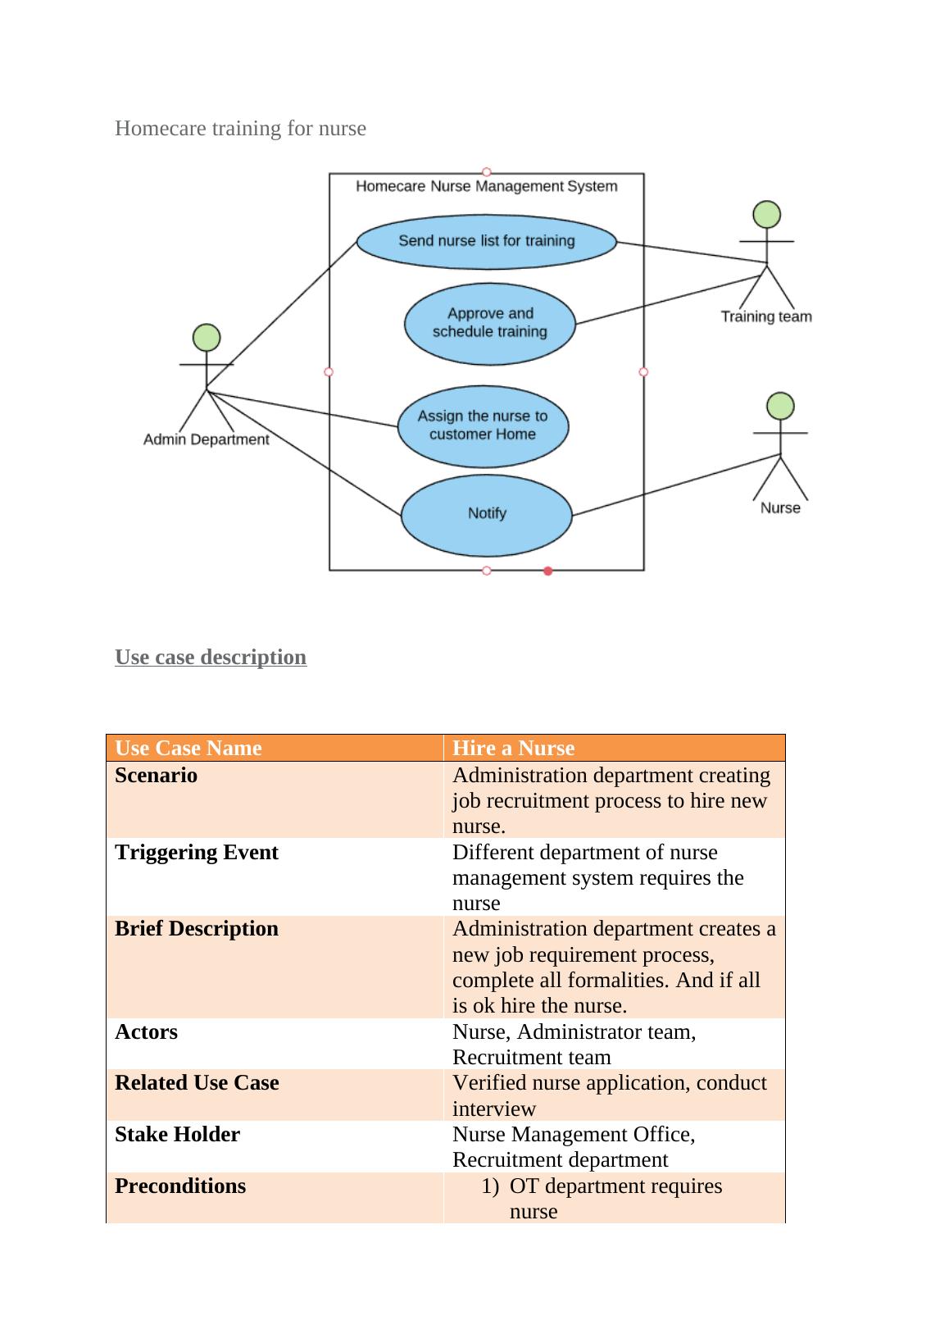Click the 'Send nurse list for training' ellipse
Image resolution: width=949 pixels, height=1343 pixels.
coord(486,241)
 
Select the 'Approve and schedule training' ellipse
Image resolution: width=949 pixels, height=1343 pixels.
coord(489,323)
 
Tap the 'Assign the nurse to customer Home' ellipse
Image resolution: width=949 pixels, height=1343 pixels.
coord(483,426)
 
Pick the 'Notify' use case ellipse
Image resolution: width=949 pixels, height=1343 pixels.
coord(486,514)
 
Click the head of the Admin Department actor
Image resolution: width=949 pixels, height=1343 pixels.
coord(207,337)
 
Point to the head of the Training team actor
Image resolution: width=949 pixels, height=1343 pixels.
coord(766,214)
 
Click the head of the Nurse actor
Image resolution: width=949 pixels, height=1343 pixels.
coord(780,406)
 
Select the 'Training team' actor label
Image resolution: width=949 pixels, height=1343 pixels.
coord(766,316)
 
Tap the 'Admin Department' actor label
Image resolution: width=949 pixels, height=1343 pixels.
coord(206,439)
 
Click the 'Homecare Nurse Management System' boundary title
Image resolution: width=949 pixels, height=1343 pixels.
coord(486,186)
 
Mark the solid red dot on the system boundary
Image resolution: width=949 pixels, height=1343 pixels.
coord(548,571)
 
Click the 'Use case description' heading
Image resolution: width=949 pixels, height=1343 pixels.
coord(211,658)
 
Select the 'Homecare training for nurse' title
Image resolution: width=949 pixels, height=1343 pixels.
coord(240,129)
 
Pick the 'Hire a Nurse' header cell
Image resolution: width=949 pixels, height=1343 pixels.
coord(513,748)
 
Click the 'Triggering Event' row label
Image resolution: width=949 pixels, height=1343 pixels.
coord(197,853)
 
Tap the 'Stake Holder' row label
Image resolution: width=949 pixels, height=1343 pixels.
coord(177,1135)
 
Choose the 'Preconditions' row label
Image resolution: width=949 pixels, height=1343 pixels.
coord(180,1186)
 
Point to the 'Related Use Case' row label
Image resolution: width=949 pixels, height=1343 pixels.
coord(197,1083)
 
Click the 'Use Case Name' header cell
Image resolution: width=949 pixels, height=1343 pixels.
coord(188,748)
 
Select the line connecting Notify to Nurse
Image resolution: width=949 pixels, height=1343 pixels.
coord(675,485)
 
